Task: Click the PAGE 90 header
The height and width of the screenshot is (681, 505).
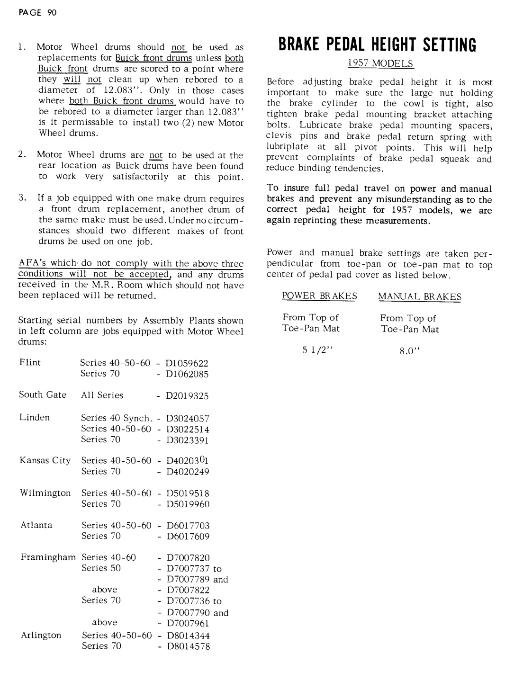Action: coord(37,13)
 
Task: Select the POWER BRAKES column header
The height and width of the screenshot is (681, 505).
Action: coord(319,296)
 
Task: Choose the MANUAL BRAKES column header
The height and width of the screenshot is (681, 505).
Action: coord(419,297)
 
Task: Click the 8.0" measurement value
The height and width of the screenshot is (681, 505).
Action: coord(410,351)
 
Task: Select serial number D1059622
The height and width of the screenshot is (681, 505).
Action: coord(187,364)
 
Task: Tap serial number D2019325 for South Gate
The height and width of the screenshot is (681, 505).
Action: coord(187,396)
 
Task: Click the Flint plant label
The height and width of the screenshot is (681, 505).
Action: coord(30,363)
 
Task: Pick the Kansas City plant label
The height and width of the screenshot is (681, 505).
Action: coord(45,460)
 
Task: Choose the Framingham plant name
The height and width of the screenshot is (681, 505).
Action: coord(48,557)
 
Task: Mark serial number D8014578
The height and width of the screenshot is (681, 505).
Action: coord(188,646)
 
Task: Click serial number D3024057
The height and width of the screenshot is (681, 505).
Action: coord(188,419)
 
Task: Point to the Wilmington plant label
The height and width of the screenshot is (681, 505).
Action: coord(45,493)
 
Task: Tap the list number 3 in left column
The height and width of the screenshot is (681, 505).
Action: coord(22,198)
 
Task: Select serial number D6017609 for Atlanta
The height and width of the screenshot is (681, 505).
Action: coord(188,537)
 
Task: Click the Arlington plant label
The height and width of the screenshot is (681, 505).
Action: coord(41,636)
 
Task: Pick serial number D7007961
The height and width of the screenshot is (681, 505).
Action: coord(188,623)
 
